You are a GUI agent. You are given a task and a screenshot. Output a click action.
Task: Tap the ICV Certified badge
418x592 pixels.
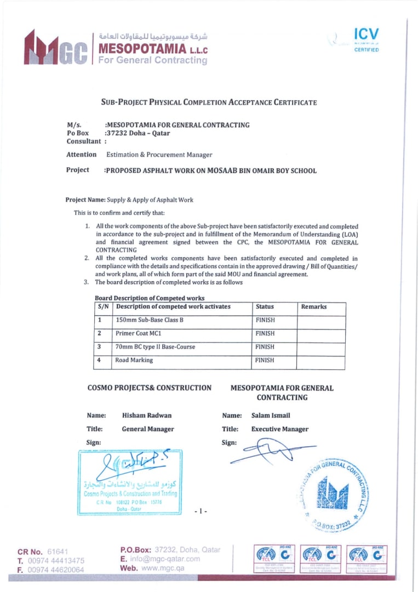point(365,39)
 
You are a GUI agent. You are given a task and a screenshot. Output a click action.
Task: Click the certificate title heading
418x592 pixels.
point(209,103)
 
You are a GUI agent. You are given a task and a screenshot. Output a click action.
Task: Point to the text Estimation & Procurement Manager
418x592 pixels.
point(159,155)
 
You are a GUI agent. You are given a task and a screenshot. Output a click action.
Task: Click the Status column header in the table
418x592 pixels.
point(265,307)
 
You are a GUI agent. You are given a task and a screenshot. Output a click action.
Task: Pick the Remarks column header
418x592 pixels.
point(313,307)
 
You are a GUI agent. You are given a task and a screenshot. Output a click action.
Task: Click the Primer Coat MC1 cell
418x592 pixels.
point(139,333)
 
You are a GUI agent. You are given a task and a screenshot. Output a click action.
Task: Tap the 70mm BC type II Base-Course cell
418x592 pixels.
point(155,347)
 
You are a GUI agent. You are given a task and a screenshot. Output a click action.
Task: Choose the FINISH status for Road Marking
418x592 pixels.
point(265,361)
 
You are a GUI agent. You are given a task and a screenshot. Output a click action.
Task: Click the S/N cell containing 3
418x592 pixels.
point(100,347)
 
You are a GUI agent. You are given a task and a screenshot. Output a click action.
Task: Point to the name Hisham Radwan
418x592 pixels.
point(147,415)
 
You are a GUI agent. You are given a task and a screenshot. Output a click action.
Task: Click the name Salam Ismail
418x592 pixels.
point(271,415)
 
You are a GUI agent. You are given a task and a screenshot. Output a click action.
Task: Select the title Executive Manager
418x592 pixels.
point(279,429)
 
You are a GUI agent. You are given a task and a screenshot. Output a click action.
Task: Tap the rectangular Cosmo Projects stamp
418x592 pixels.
point(130,482)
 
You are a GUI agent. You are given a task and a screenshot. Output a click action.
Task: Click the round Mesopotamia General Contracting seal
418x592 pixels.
point(335,491)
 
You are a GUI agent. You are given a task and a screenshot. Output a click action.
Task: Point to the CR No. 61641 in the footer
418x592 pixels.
point(42,551)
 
